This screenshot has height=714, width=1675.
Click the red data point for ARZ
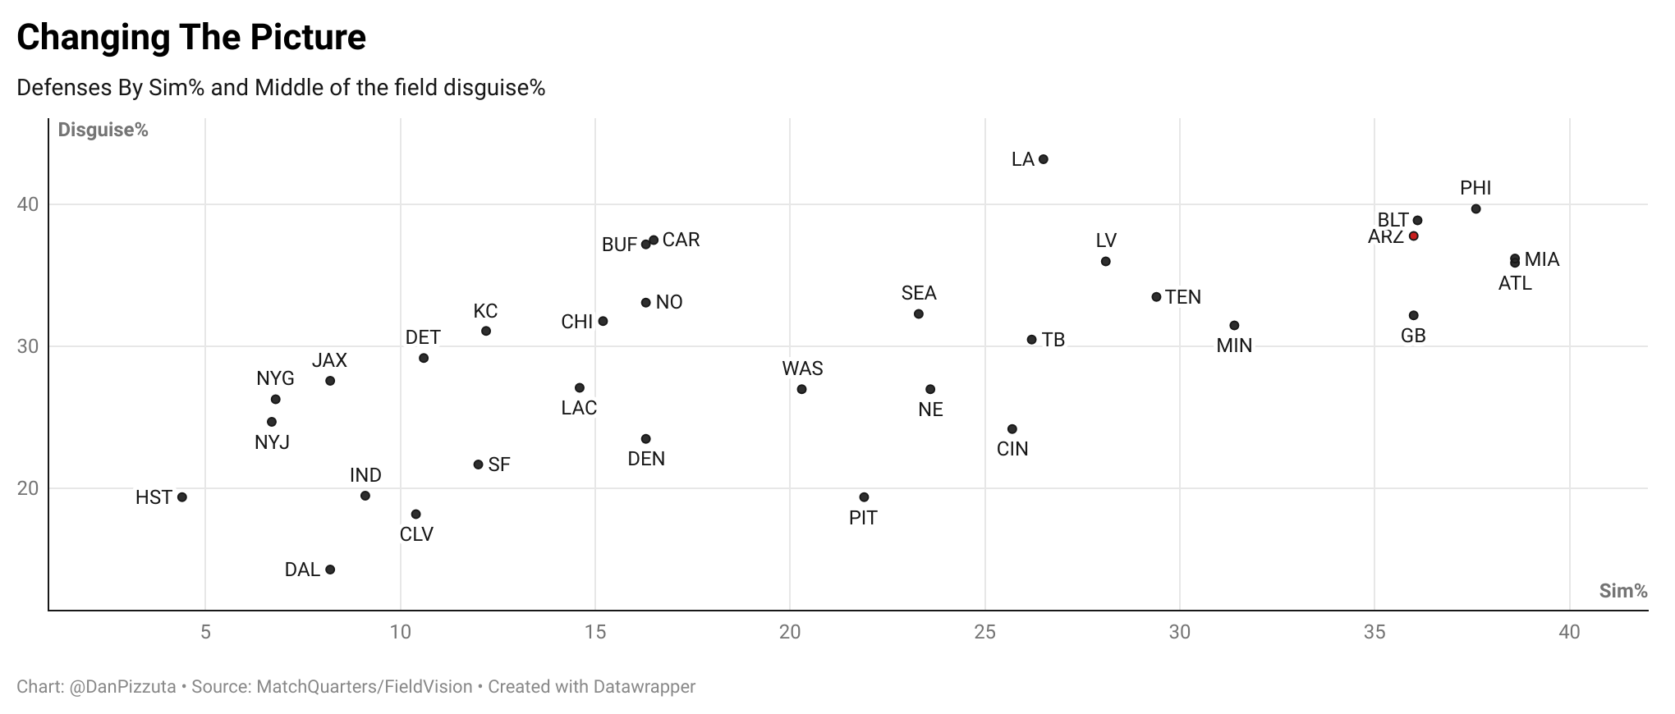pos(1413,236)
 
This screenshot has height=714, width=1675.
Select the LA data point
pos(1044,159)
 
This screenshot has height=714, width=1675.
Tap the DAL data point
pos(330,570)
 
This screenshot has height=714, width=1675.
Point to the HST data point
pos(182,497)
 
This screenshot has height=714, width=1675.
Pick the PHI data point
pos(1475,209)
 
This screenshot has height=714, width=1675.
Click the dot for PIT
pos(864,497)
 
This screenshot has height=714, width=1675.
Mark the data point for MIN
pos(1234,326)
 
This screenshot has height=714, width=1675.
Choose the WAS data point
pos(802,389)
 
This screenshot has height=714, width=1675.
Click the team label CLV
pos(416,534)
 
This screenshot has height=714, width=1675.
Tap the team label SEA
pos(919,293)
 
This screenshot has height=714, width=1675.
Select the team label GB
pos(1413,336)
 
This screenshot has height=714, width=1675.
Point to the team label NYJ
pos(272,442)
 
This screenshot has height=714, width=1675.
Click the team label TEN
pos(1183,297)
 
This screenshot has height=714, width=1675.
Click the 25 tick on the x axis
pos(985,632)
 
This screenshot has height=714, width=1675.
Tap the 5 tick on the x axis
pos(205,632)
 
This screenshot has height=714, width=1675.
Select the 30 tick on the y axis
pos(28,346)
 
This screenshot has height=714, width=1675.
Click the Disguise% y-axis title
pos(103,130)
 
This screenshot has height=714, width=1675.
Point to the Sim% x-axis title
pos(1623,591)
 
